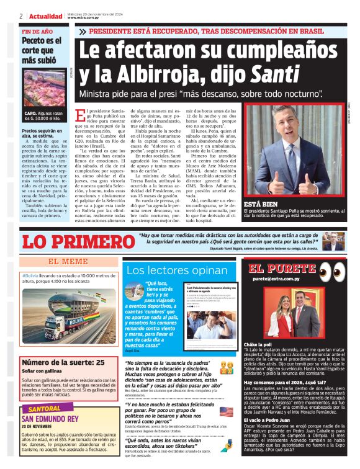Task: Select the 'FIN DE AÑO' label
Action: [x=36, y=31]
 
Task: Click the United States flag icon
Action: [x=227, y=411]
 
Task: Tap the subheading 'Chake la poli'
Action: [x=258, y=344]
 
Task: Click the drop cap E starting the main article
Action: [x=78, y=115]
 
